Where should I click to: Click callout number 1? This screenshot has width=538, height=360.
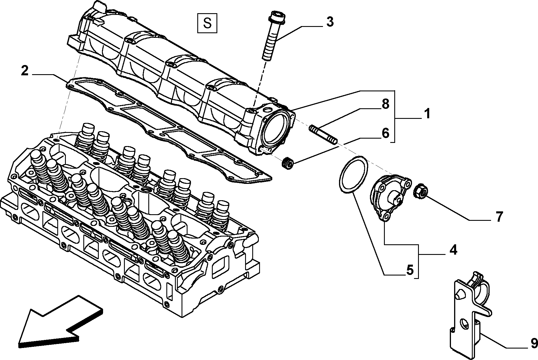(427, 114)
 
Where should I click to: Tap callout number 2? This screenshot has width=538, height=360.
(25, 71)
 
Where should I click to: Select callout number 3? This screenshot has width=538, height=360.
(330, 22)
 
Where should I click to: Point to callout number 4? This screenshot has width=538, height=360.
(453, 250)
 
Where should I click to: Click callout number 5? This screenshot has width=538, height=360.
(410, 270)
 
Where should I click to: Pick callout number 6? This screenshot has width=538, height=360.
(385, 133)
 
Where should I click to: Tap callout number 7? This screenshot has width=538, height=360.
(499, 217)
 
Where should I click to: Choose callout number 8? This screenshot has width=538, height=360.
(385, 104)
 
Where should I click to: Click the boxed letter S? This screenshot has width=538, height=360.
(207, 23)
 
